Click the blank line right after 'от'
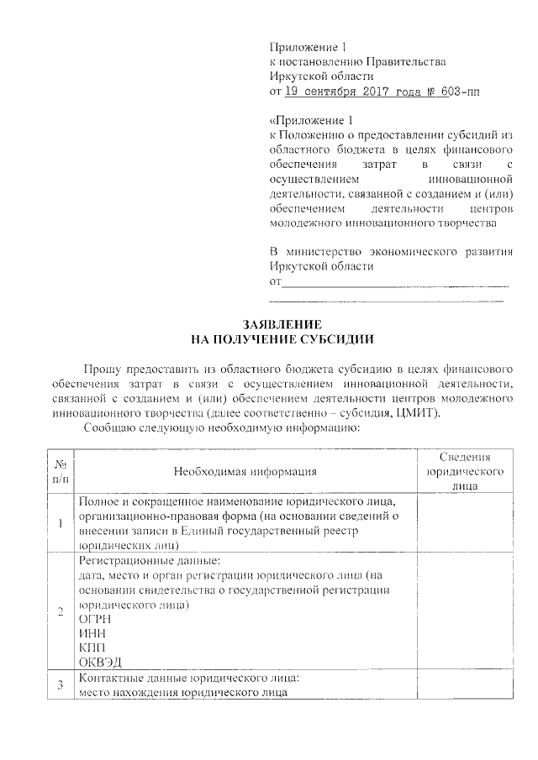pos(396,283)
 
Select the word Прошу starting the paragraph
pos(102,369)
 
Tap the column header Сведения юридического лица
pos(465,471)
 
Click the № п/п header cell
pos(61,471)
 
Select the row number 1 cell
pos(61,525)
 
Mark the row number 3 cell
pos(61,685)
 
